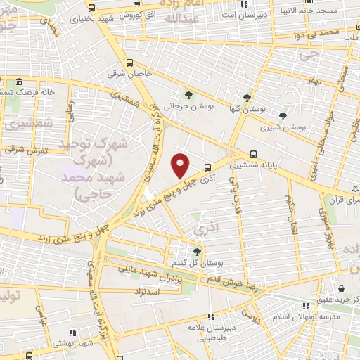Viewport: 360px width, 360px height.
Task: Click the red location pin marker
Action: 181,165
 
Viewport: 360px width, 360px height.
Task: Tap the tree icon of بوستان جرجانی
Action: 188,95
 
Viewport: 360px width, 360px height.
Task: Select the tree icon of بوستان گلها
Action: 247,98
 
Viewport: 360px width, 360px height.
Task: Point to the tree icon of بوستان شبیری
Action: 283,116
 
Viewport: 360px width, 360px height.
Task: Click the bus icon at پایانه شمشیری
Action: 253,154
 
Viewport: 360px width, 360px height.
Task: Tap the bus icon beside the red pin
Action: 207,167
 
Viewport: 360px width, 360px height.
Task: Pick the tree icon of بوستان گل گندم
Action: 196,251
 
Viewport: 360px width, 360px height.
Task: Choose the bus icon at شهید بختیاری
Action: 92,8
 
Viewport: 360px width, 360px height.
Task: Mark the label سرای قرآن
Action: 340,198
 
